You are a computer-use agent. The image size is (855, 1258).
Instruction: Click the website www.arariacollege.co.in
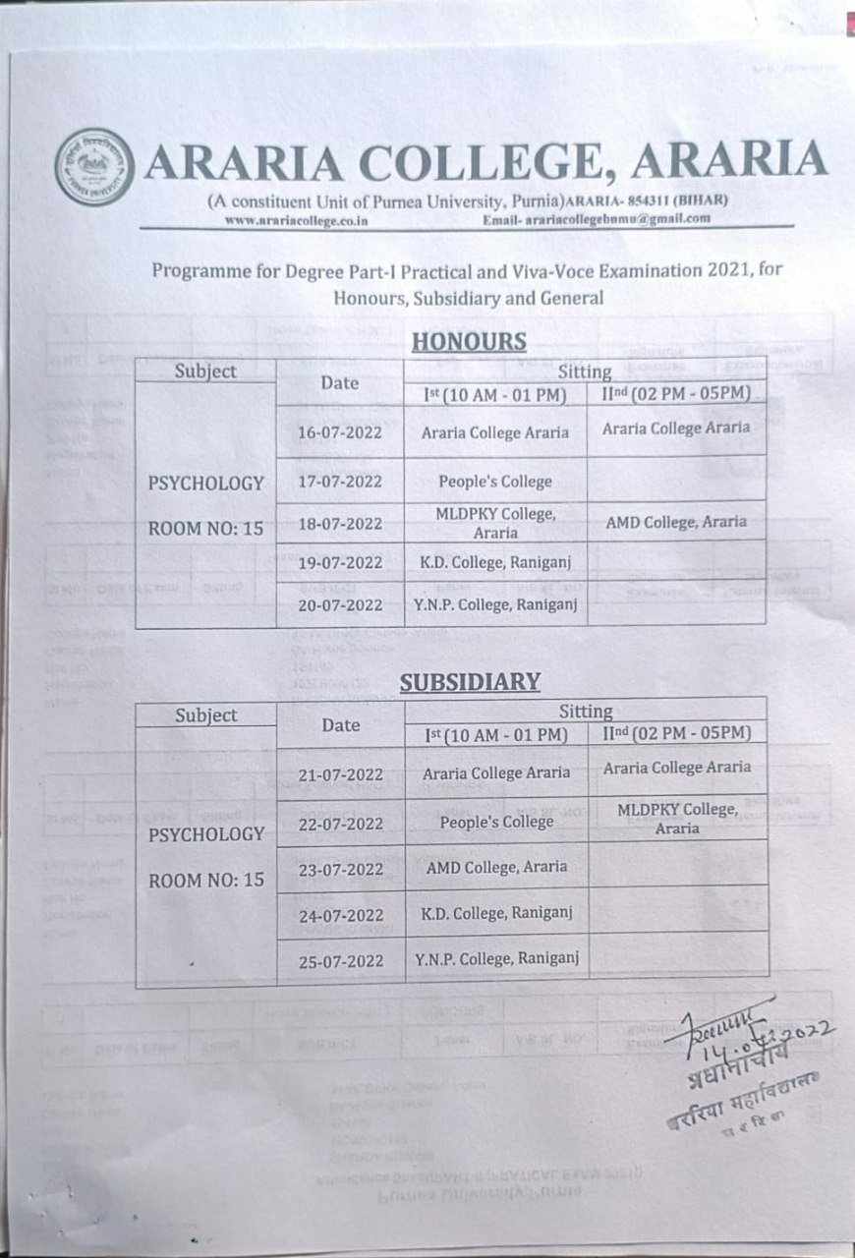(x=296, y=220)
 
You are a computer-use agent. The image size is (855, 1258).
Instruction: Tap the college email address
(x=597, y=219)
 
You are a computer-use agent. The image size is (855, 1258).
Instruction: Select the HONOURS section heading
(x=469, y=342)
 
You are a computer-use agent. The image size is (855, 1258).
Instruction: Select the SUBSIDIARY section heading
(x=471, y=681)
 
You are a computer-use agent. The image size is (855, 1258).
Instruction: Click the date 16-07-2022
(x=340, y=432)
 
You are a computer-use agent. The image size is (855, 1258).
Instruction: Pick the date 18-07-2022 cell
(x=340, y=523)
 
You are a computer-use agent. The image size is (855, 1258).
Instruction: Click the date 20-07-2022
(x=340, y=605)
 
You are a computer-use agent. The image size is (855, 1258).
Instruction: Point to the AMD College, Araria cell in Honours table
(x=675, y=522)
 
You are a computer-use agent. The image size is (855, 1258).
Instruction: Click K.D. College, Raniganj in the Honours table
(x=495, y=562)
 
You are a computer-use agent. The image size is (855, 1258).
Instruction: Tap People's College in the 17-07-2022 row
(x=495, y=482)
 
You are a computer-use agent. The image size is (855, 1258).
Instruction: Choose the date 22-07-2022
(x=340, y=824)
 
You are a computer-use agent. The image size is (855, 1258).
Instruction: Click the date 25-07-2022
(x=340, y=959)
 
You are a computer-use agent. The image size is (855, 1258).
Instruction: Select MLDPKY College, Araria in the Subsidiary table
(x=677, y=818)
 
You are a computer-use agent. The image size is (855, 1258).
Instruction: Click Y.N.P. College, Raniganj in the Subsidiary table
(x=495, y=958)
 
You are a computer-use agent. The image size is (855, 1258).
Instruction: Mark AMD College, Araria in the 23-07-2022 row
(x=495, y=867)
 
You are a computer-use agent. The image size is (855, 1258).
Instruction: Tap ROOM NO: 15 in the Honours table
(x=205, y=529)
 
